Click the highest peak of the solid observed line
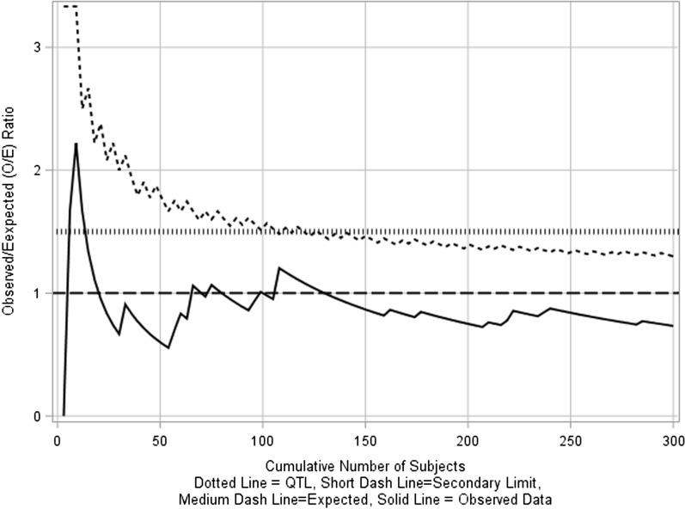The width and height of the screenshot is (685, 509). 76,144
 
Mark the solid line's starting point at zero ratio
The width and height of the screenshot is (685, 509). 64,415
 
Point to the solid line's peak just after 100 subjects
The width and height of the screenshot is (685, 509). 278,268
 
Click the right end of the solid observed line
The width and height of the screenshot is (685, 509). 672,326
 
